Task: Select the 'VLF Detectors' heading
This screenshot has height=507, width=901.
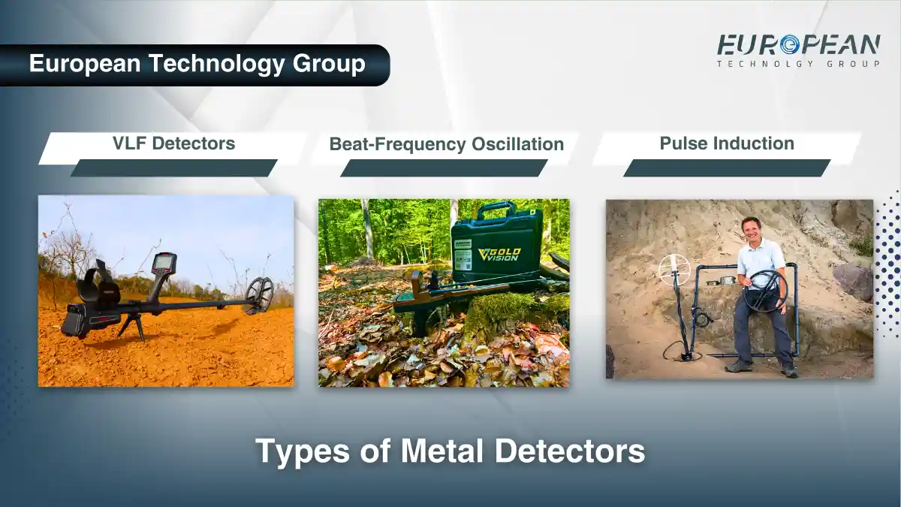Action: pos(173,143)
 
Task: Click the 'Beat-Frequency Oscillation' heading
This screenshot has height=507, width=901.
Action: pos(446,144)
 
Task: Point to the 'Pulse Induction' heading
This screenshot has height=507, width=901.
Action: pos(727,143)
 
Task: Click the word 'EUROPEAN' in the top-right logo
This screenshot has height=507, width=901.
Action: pos(798,45)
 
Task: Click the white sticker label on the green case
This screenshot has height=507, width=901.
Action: pos(463,254)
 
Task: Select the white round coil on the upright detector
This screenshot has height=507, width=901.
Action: pos(673,268)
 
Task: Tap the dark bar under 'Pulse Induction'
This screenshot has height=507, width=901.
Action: pos(726,168)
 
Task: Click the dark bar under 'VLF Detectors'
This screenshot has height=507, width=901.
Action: pos(173,168)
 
